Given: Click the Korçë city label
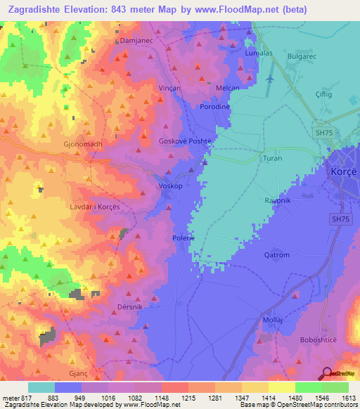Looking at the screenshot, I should tap(344, 171).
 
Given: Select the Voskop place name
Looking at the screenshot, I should tap(171, 186).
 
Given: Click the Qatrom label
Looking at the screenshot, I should tap(276, 255).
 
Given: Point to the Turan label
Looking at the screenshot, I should tap(271, 159).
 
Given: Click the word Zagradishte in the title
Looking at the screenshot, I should tap(35, 10).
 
